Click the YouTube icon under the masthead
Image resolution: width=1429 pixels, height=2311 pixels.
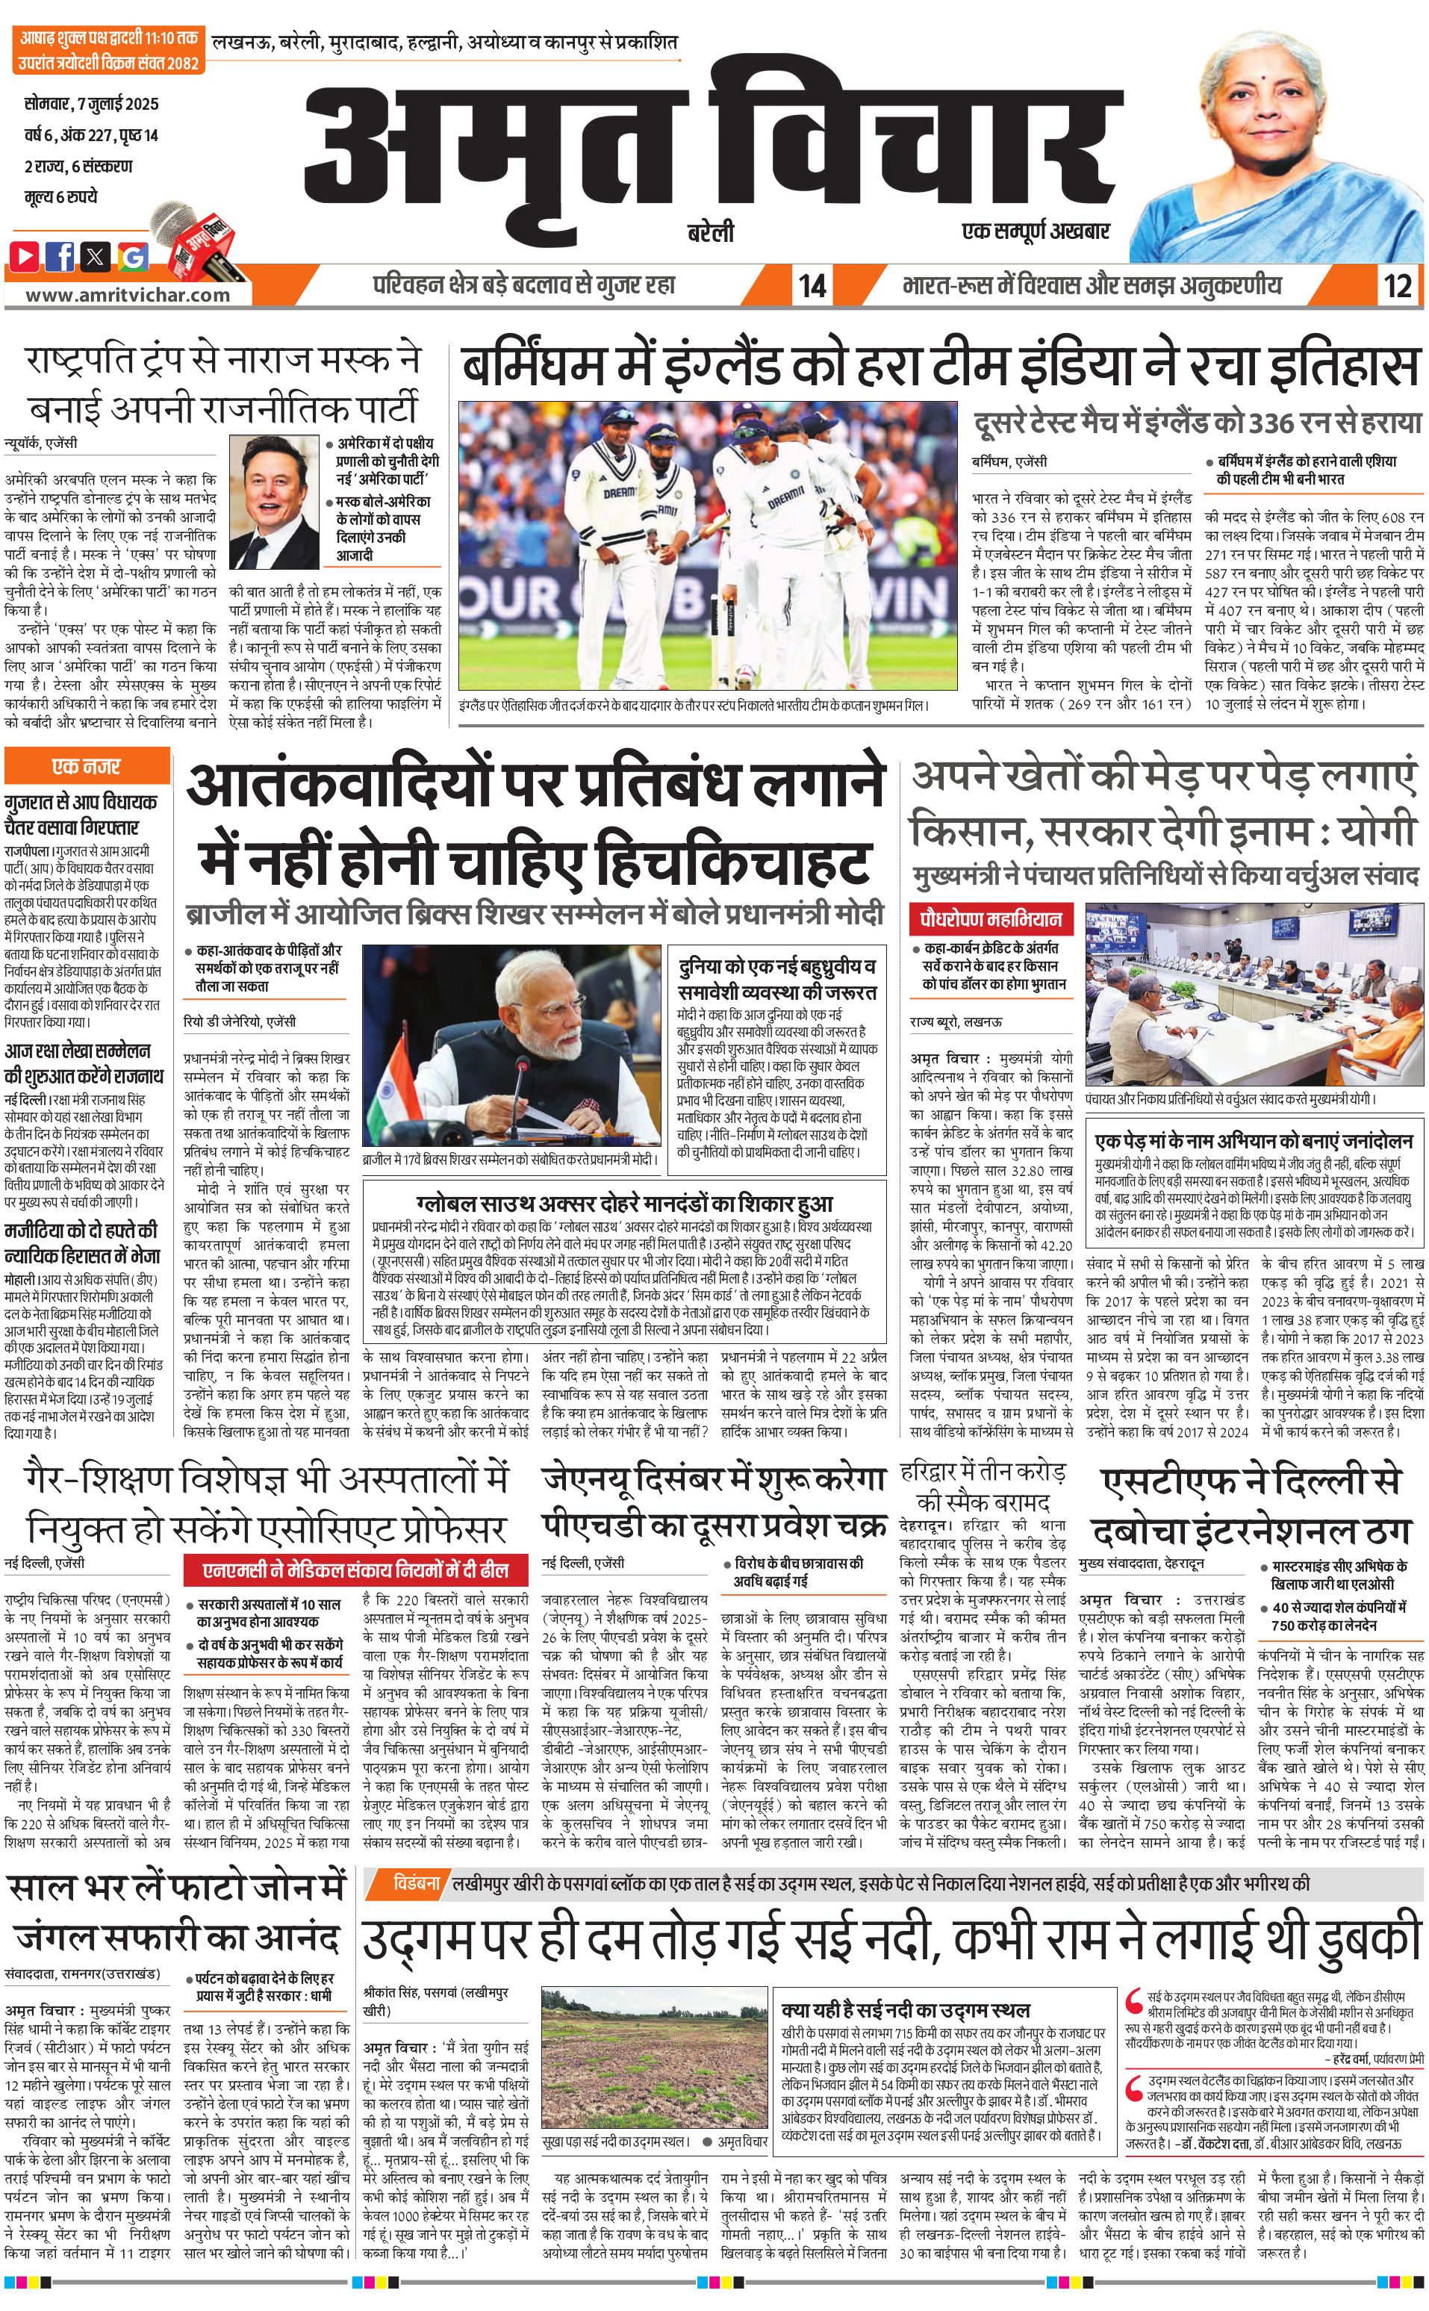[25, 255]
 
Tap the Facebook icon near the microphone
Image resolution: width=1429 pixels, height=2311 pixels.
[61, 255]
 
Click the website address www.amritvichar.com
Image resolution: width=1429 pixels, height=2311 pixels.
[128, 294]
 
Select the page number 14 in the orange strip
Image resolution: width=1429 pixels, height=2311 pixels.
[812, 285]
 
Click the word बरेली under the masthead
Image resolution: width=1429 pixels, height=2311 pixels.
[711, 232]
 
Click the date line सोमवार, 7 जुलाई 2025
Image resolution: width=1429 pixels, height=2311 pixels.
[91, 103]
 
